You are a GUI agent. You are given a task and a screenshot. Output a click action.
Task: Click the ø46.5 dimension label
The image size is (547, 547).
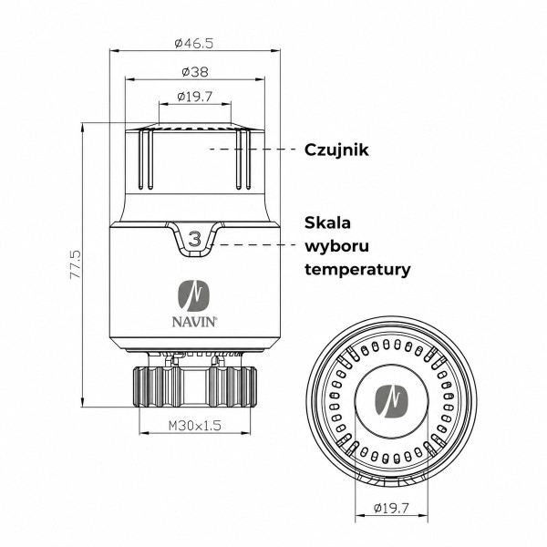[x=193, y=43]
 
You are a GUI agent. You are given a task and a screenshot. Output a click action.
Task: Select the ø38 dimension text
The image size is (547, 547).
[x=195, y=72]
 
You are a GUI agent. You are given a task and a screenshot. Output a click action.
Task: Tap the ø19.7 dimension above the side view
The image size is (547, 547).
[x=195, y=97]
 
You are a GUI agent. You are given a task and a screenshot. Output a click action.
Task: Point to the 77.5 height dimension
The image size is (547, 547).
[x=76, y=263]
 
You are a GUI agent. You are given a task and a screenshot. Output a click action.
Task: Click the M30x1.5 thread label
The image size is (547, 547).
[x=195, y=425]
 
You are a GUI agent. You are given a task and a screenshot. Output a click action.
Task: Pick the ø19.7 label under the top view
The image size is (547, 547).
[x=391, y=508]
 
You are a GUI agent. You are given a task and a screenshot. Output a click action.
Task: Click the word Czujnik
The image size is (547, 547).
[x=336, y=150]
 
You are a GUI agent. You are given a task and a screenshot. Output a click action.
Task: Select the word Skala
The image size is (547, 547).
[x=327, y=223]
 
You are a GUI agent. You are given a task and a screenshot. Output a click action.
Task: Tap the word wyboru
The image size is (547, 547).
[x=337, y=247]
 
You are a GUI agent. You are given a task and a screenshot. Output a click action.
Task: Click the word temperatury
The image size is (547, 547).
[x=358, y=270]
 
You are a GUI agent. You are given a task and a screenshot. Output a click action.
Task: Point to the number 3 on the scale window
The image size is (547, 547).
[x=195, y=240]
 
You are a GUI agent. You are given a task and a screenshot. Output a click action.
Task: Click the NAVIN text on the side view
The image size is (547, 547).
[x=194, y=322]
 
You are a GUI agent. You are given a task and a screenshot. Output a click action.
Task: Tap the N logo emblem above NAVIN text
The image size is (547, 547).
[x=194, y=295]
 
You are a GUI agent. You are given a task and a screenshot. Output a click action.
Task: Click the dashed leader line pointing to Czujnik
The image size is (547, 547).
[x=254, y=149]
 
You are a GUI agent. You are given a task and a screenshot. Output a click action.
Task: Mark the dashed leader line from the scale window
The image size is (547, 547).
[x=255, y=244]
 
